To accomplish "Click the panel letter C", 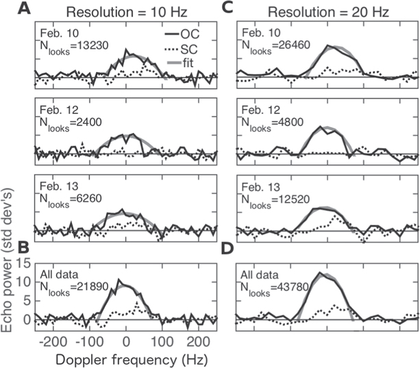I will click(x=226, y=9).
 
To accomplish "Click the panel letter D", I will click(x=226, y=249).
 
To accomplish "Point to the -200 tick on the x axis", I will click(x=52, y=341).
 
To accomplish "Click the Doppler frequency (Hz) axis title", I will click(x=108, y=358).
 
